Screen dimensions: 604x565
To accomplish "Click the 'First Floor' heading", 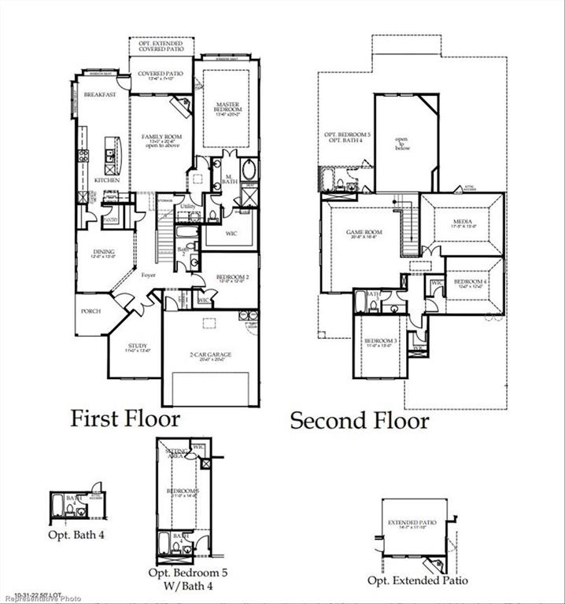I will point(125,418).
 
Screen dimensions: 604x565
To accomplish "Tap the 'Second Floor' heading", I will point(360,420).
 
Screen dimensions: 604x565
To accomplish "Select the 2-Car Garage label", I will point(209,355).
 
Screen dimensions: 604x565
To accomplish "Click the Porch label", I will point(91,311).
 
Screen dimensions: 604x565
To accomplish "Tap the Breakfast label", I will point(101,94).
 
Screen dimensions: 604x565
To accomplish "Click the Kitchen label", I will point(106,180).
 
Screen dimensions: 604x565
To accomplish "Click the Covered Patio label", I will point(161,74).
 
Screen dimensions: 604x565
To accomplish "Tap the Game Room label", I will point(364,234).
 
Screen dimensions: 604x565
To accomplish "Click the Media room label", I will point(461,223).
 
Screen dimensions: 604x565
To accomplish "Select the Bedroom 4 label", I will point(469,282).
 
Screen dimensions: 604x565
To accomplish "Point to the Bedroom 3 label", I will point(379,341).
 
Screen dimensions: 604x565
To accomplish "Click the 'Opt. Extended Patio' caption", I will point(417,580).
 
